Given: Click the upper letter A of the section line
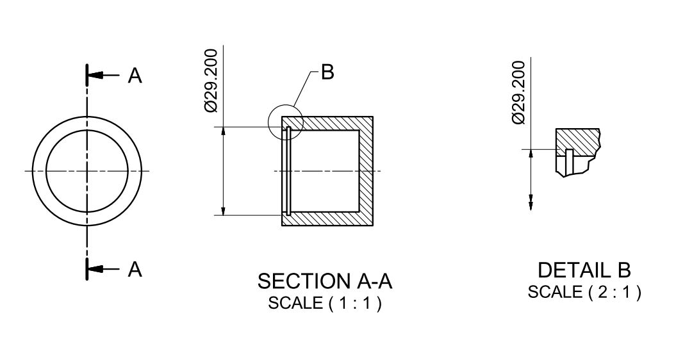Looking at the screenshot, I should [x=135, y=76].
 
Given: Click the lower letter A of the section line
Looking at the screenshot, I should [x=135, y=270].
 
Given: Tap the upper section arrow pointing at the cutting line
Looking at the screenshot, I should [x=96, y=76].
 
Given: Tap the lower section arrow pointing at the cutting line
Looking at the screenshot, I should [x=96, y=269].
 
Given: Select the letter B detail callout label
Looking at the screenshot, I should [x=327, y=72].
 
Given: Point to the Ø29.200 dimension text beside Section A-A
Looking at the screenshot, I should [x=211, y=80].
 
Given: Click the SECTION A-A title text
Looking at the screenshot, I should [x=325, y=281].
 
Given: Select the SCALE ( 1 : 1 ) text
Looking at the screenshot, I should [x=325, y=303].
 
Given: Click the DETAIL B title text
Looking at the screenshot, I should [x=584, y=269].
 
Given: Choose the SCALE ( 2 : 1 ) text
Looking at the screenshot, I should [x=584, y=292].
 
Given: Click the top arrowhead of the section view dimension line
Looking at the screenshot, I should [x=223, y=131].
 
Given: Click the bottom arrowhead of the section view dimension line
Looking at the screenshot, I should [x=223, y=211].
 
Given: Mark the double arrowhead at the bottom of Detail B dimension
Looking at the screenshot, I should [x=531, y=202].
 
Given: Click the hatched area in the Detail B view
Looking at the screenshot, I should [x=577, y=139].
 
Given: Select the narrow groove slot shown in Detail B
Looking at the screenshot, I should [x=568, y=158].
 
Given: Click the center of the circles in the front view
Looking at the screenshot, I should [x=87, y=171].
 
